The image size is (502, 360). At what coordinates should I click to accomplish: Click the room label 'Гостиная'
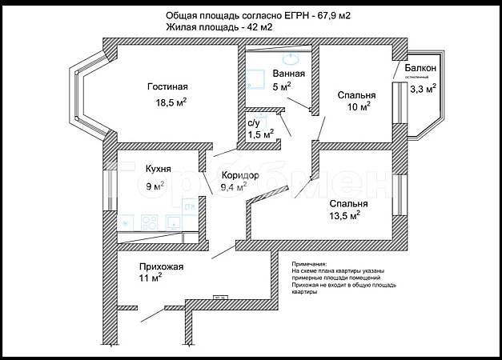point(167,87)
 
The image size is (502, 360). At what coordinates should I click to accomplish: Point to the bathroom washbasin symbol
point(290,58)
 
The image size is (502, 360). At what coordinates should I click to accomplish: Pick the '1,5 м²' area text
point(260,134)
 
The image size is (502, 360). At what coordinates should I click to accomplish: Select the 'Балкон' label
point(420,69)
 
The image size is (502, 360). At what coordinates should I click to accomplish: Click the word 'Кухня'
point(158,170)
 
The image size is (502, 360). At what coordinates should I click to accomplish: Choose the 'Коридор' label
point(240,175)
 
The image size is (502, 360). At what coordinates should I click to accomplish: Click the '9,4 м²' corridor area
point(234,189)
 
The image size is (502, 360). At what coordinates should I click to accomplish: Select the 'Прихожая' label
point(162,267)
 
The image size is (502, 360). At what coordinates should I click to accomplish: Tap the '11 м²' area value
point(151,279)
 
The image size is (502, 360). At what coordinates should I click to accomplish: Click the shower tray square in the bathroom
point(255,78)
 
